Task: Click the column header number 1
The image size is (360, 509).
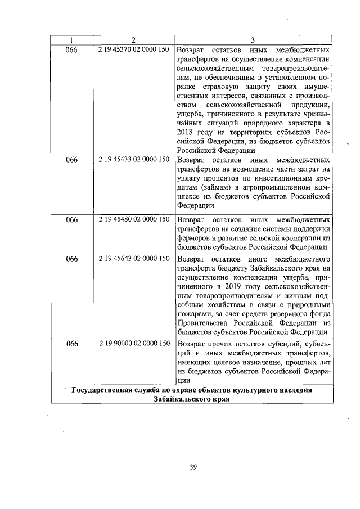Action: point(71,40)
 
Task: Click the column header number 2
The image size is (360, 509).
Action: point(133,40)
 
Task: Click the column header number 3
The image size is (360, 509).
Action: point(253,40)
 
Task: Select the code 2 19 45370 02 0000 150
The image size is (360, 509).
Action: point(133,49)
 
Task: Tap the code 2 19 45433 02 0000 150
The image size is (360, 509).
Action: point(133,159)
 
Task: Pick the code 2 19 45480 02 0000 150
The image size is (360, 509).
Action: point(133,219)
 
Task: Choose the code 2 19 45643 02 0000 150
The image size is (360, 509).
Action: point(133,259)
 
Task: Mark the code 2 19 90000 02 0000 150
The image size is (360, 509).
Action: point(133,343)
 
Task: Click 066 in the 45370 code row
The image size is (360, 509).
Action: point(71,49)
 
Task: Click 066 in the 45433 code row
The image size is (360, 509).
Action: point(71,160)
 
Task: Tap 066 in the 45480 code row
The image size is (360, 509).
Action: point(71,220)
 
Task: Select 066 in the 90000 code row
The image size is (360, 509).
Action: point(71,343)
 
